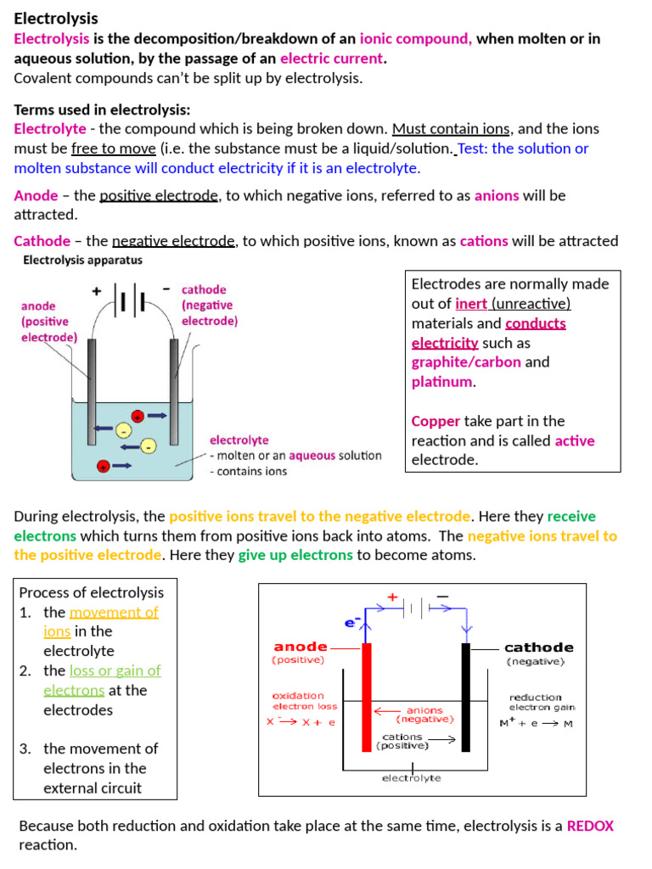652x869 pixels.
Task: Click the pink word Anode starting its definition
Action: coord(37,195)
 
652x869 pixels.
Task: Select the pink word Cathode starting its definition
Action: coord(42,241)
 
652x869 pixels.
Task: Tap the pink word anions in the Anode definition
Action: coord(497,195)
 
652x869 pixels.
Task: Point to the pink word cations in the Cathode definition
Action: coord(484,241)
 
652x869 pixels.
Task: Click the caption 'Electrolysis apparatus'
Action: coord(82,260)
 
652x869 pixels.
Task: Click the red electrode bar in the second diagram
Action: coord(368,696)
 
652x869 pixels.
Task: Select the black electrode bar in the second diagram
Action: coord(465,696)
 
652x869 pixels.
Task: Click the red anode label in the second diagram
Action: coord(301,647)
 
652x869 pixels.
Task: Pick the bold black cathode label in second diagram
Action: coord(539,647)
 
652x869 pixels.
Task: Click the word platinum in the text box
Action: coord(441,382)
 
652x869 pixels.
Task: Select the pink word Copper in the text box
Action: coord(436,421)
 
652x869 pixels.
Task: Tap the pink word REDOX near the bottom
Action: coord(590,826)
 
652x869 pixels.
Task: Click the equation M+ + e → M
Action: coord(537,723)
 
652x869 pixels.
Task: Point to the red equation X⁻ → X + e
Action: coord(301,722)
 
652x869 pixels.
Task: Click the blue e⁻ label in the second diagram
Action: coord(350,622)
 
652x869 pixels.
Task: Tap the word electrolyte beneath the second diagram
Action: coord(412,777)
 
